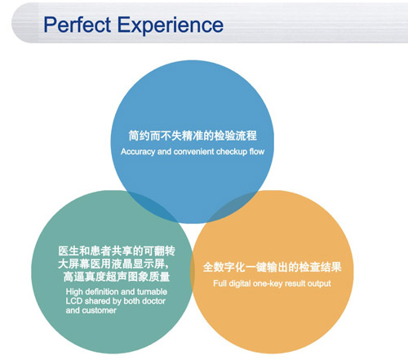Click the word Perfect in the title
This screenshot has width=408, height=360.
coord(78,24)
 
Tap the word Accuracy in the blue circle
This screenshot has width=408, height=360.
coord(138,152)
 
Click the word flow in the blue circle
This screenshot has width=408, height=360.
coord(257,151)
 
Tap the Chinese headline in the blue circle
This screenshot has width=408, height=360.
coord(193,136)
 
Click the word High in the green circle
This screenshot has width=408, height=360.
coord(74,292)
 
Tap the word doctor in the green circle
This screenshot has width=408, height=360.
coord(154,301)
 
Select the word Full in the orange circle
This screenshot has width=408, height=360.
coord(220,283)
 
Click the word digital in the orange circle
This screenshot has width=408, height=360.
coord(240,284)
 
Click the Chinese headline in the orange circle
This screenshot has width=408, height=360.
coord(273,267)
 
